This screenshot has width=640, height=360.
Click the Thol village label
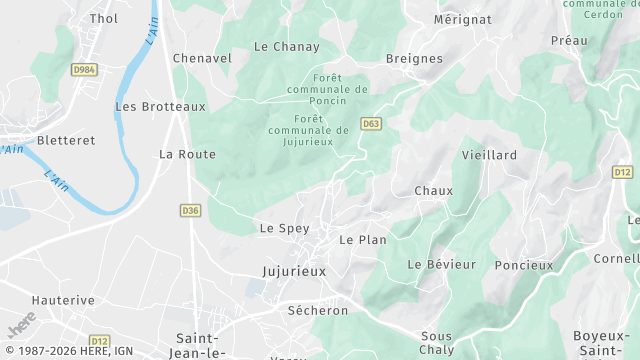click(x=104, y=18)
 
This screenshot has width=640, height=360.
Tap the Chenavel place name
click(x=202, y=58)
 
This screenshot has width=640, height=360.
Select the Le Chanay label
click(x=286, y=46)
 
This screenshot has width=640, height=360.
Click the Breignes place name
click(x=413, y=58)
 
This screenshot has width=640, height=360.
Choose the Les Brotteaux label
click(x=160, y=106)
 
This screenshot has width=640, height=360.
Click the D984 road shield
click(x=84, y=70)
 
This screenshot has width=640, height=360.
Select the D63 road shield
click(x=371, y=124)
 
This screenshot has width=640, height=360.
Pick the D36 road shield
click(x=191, y=210)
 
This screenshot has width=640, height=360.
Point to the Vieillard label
click(x=489, y=155)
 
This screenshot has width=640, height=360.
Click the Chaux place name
click(x=433, y=190)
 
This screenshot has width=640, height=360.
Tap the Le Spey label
click(x=284, y=228)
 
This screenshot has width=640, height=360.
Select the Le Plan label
click(x=362, y=240)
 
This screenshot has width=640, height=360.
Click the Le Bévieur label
click(x=441, y=264)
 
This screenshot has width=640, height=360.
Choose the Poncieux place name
click(x=523, y=265)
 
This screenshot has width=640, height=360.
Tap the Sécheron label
click(x=317, y=310)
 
